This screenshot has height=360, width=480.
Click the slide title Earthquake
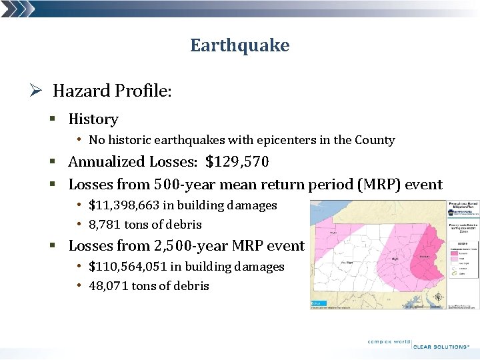point(239,45)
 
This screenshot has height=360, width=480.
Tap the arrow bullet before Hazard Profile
point(39,90)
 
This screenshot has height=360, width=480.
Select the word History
point(93,119)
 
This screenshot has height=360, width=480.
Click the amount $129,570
point(237,162)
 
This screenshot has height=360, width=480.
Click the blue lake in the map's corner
point(319,303)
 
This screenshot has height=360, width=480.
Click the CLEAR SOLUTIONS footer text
point(441,347)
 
